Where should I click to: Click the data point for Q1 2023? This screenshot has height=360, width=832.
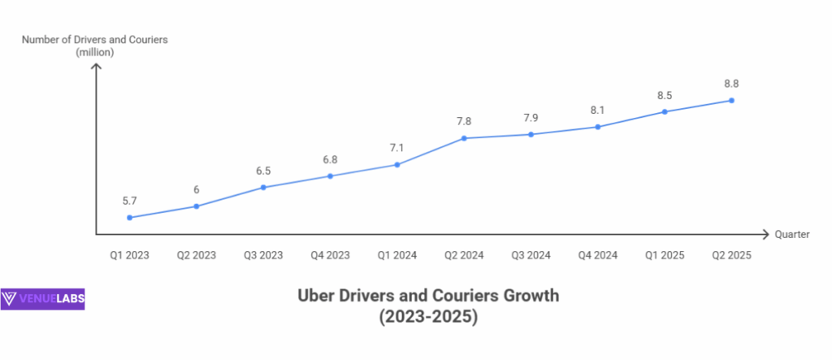[x=130, y=218]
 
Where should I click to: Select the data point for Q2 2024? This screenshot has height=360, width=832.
[x=464, y=138]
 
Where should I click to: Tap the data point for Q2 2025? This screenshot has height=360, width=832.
[x=732, y=101]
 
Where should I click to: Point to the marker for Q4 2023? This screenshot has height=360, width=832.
[x=330, y=176]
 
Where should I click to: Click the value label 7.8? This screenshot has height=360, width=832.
[x=464, y=121]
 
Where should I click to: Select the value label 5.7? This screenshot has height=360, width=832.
[x=130, y=201]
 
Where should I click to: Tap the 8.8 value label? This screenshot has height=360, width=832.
[x=732, y=83]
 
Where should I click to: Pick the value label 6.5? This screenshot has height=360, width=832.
[x=263, y=171]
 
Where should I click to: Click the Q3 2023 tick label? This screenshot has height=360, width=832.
[x=263, y=255]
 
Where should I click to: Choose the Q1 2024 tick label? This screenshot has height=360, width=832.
[x=397, y=255]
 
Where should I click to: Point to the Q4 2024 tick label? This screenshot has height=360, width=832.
[x=598, y=255]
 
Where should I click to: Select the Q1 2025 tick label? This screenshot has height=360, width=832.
[x=665, y=255]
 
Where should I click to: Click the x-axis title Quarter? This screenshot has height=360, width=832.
[x=791, y=235]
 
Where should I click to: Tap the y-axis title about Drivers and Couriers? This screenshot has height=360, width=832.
[x=94, y=46]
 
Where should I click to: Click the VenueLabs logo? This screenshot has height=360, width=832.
[x=43, y=299]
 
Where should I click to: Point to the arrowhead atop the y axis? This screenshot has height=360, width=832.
[x=96, y=67]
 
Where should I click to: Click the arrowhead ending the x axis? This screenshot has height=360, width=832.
[x=765, y=235]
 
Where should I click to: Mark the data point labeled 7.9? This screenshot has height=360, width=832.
[x=531, y=134]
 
